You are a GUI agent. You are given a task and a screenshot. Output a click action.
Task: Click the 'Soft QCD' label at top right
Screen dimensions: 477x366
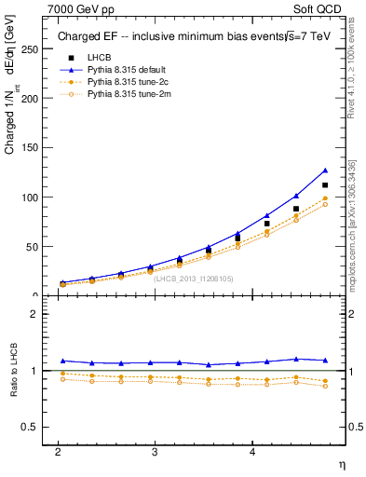pos(319,8)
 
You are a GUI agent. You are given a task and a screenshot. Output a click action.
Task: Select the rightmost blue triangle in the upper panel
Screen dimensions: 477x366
pos(325,170)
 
